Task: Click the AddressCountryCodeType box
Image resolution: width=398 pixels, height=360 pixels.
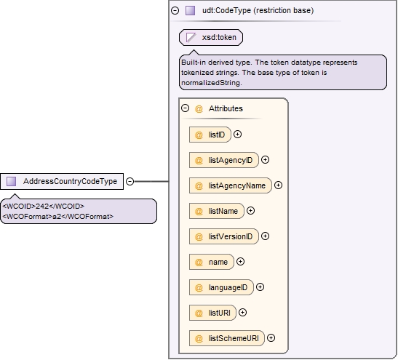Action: click(x=62, y=181)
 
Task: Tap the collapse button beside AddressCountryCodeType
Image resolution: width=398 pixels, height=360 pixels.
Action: click(x=130, y=181)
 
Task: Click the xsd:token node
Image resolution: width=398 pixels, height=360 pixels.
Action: click(x=211, y=38)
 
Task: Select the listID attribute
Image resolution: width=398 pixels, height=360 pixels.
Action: click(x=210, y=135)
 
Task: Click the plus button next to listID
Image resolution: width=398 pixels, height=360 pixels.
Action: click(x=238, y=135)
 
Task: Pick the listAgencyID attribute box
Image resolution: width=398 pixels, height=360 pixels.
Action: click(x=224, y=160)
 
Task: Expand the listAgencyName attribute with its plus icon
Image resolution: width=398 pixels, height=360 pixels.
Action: click(x=279, y=185)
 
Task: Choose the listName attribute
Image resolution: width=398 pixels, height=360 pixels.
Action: click(x=217, y=211)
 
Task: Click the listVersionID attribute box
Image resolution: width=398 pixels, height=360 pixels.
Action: click(x=224, y=236)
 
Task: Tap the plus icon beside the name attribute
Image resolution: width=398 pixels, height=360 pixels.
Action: click(x=240, y=262)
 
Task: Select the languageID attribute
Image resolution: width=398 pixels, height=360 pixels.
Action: click(x=221, y=287)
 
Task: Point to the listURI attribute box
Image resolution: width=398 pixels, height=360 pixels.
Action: click(x=212, y=313)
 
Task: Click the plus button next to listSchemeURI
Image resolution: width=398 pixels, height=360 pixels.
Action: click(x=271, y=338)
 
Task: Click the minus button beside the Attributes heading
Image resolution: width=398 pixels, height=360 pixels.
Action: click(x=186, y=108)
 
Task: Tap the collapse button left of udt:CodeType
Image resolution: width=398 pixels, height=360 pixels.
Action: click(x=175, y=10)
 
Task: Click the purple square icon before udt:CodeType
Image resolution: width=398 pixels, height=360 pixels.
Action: click(x=191, y=10)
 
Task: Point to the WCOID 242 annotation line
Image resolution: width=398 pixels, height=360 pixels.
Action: click(x=44, y=206)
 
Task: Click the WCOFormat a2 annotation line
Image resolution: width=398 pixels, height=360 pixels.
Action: click(x=58, y=217)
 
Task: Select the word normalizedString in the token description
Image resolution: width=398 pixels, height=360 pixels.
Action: click(x=211, y=83)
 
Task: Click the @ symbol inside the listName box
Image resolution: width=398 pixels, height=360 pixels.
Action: click(x=199, y=211)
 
